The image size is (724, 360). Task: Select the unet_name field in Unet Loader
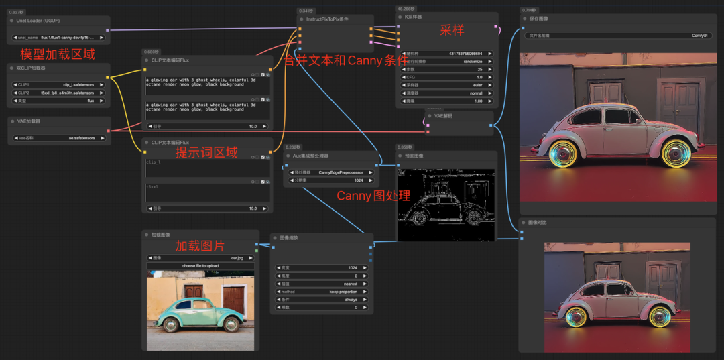tap(58, 38)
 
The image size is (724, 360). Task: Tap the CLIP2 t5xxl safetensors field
tap(58, 93)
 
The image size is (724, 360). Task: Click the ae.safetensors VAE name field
tap(58, 138)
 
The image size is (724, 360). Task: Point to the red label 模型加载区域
tap(58, 54)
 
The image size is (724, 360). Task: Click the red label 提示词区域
tap(206, 153)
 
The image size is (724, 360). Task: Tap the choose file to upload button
tap(200, 265)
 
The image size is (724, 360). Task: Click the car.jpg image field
tap(200, 257)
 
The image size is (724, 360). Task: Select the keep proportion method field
tap(322, 292)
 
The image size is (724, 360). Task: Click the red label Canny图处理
tap(373, 196)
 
